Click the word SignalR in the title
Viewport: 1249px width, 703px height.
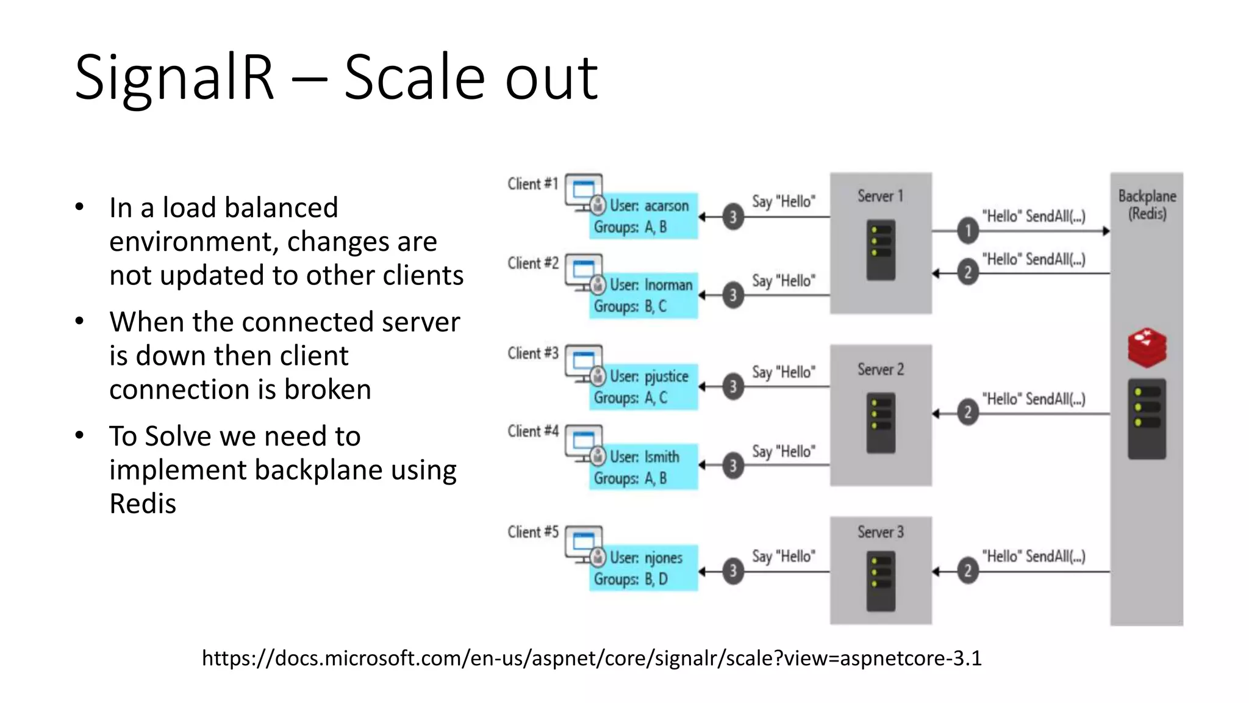click(x=174, y=78)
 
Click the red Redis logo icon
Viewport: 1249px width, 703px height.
click(x=1147, y=347)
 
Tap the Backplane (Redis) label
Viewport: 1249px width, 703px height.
click(x=1147, y=204)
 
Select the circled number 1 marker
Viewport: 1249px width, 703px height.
click(x=968, y=231)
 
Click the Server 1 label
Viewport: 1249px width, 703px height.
click(x=880, y=196)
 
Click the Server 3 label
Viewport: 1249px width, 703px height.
click(x=880, y=532)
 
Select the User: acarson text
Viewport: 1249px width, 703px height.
click(x=649, y=206)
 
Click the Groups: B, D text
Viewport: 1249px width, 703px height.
click(x=631, y=579)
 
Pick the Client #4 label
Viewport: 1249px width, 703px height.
click(x=532, y=431)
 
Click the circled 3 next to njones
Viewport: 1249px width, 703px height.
click(x=733, y=571)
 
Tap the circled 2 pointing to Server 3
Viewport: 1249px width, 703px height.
click(x=968, y=571)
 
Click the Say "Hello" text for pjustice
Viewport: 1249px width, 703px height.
click(x=783, y=372)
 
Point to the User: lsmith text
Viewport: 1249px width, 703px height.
click(x=644, y=456)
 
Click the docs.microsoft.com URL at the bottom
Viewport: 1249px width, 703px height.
click(x=592, y=658)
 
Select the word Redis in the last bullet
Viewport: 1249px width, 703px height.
click(x=143, y=503)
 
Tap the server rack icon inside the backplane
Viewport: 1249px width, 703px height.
click(x=1147, y=419)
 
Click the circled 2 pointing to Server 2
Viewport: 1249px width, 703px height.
click(x=968, y=413)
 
